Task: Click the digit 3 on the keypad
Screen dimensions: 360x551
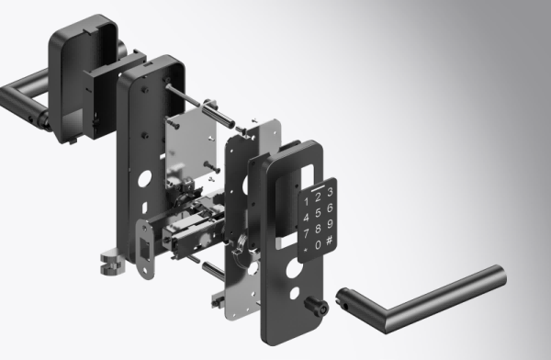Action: click(329, 191)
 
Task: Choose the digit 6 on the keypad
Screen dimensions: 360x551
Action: click(329, 208)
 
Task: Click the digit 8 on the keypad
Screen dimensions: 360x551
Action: click(319, 229)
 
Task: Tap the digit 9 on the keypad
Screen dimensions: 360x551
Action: click(329, 224)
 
